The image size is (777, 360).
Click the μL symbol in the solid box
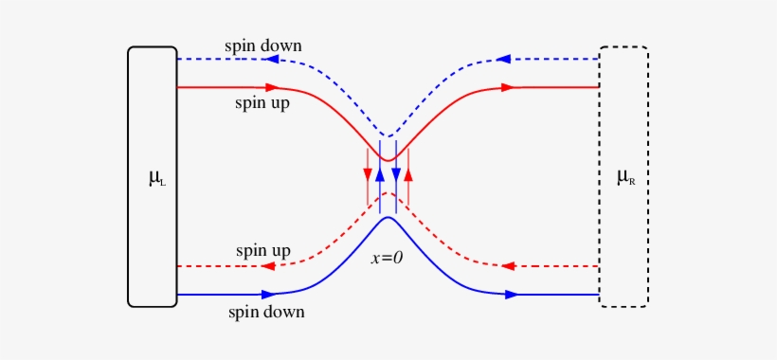(x=156, y=177)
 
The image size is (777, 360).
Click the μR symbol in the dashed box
(x=625, y=177)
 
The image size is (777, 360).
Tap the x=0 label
(x=387, y=257)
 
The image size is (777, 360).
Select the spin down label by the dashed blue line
(x=263, y=45)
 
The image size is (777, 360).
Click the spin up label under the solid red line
(x=262, y=102)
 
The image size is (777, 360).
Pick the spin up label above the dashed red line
(x=263, y=251)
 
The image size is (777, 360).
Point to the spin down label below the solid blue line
(x=266, y=311)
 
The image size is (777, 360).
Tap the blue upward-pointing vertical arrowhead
(x=380, y=174)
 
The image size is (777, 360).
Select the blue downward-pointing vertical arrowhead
(x=396, y=174)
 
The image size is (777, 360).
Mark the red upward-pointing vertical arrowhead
(x=408, y=174)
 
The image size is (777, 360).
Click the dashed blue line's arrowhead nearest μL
(x=272, y=59)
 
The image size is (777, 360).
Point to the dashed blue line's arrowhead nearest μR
(x=503, y=59)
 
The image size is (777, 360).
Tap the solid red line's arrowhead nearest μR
(x=510, y=87)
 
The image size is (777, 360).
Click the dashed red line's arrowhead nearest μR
(x=508, y=266)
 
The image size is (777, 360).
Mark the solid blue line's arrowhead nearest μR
(x=512, y=295)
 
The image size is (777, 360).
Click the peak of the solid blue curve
(x=388, y=218)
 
